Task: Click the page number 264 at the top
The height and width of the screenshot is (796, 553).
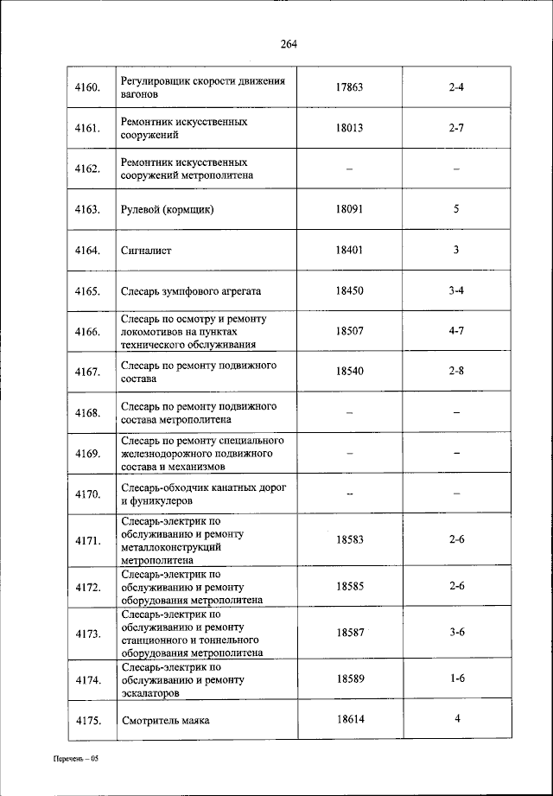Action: tap(289, 45)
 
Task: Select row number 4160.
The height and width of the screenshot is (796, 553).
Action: tap(89, 87)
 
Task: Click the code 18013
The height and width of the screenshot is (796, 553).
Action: tap(350, 128)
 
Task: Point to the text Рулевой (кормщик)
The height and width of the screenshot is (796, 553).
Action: tap(168, 209)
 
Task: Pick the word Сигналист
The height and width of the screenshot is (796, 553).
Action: tap(147, 250)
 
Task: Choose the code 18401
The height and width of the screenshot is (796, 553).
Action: tap(350, 250)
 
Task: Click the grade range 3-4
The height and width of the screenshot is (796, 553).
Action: tap(457, 290)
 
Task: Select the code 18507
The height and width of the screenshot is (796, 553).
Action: tap(350, 331)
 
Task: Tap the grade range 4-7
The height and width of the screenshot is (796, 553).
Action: tap(457, 331)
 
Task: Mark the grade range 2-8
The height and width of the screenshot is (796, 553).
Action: tap(457, 372)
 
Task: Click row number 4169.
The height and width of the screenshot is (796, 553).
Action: tap(89, 453)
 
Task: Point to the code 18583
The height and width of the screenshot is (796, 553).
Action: tap(350, 539)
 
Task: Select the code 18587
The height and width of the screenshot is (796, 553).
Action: tap(350, 633)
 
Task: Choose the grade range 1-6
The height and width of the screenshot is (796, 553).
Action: tap(457, 678)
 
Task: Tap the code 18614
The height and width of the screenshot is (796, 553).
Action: tap(350, 719)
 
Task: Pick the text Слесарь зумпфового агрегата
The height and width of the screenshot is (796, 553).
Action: tap(191, 290)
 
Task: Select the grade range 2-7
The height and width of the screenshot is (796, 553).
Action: tap(457, 128)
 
